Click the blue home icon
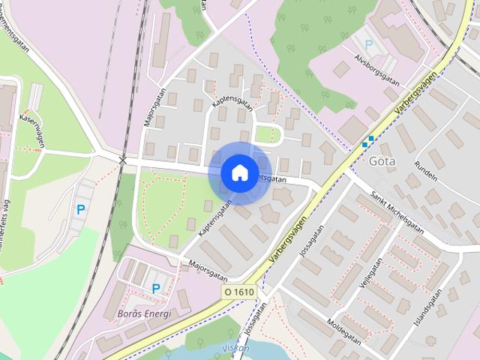[x=238, y=172]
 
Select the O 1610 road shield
[x=238, y=291]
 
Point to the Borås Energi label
[x=144, y=313]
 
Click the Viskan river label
[x=236, y=348]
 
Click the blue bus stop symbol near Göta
[x=367, y=141]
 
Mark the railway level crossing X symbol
[x=123, y=160]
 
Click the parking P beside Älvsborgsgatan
[x=368, y=44]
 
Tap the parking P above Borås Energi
[x=156, y=288]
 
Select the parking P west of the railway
[x=80, y=210]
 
